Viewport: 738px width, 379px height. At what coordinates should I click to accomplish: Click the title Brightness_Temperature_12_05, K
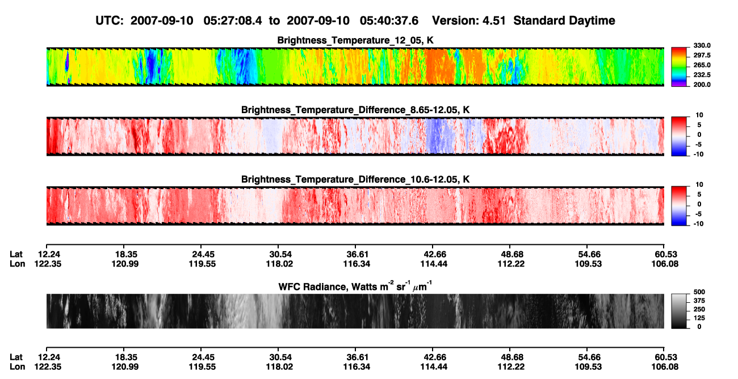[355, 40]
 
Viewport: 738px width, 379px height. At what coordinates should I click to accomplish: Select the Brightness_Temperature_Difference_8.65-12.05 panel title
[355, 110]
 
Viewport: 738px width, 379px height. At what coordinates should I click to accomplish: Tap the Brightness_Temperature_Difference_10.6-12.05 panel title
[355, 180]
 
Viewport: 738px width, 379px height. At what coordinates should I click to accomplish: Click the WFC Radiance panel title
[355, 286]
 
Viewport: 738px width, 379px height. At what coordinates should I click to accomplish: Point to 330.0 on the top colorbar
[702, 45]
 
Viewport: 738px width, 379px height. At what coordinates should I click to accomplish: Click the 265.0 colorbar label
[702, 65]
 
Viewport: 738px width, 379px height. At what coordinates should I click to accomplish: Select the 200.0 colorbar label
[702, 85]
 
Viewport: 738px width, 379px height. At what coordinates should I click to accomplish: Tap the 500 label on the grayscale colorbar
[699, 292]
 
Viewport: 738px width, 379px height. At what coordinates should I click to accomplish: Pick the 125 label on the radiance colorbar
[699, 318]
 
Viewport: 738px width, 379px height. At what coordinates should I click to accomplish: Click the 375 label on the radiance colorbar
[699, 301]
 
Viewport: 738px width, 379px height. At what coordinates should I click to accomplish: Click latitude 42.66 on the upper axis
[434, 255]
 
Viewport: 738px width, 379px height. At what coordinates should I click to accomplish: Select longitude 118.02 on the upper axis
[279, 264]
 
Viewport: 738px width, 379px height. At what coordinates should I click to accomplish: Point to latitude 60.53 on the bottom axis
[665, 357]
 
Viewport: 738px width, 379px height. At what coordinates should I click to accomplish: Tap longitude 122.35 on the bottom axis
[48, 367]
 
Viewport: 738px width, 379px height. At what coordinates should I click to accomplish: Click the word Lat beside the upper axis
[16, 255]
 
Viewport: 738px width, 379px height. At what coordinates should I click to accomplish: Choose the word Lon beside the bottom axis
[17, 367]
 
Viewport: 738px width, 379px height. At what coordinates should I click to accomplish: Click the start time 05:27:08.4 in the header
[233, 21]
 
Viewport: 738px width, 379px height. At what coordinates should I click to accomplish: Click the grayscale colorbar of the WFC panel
[679, 311]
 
